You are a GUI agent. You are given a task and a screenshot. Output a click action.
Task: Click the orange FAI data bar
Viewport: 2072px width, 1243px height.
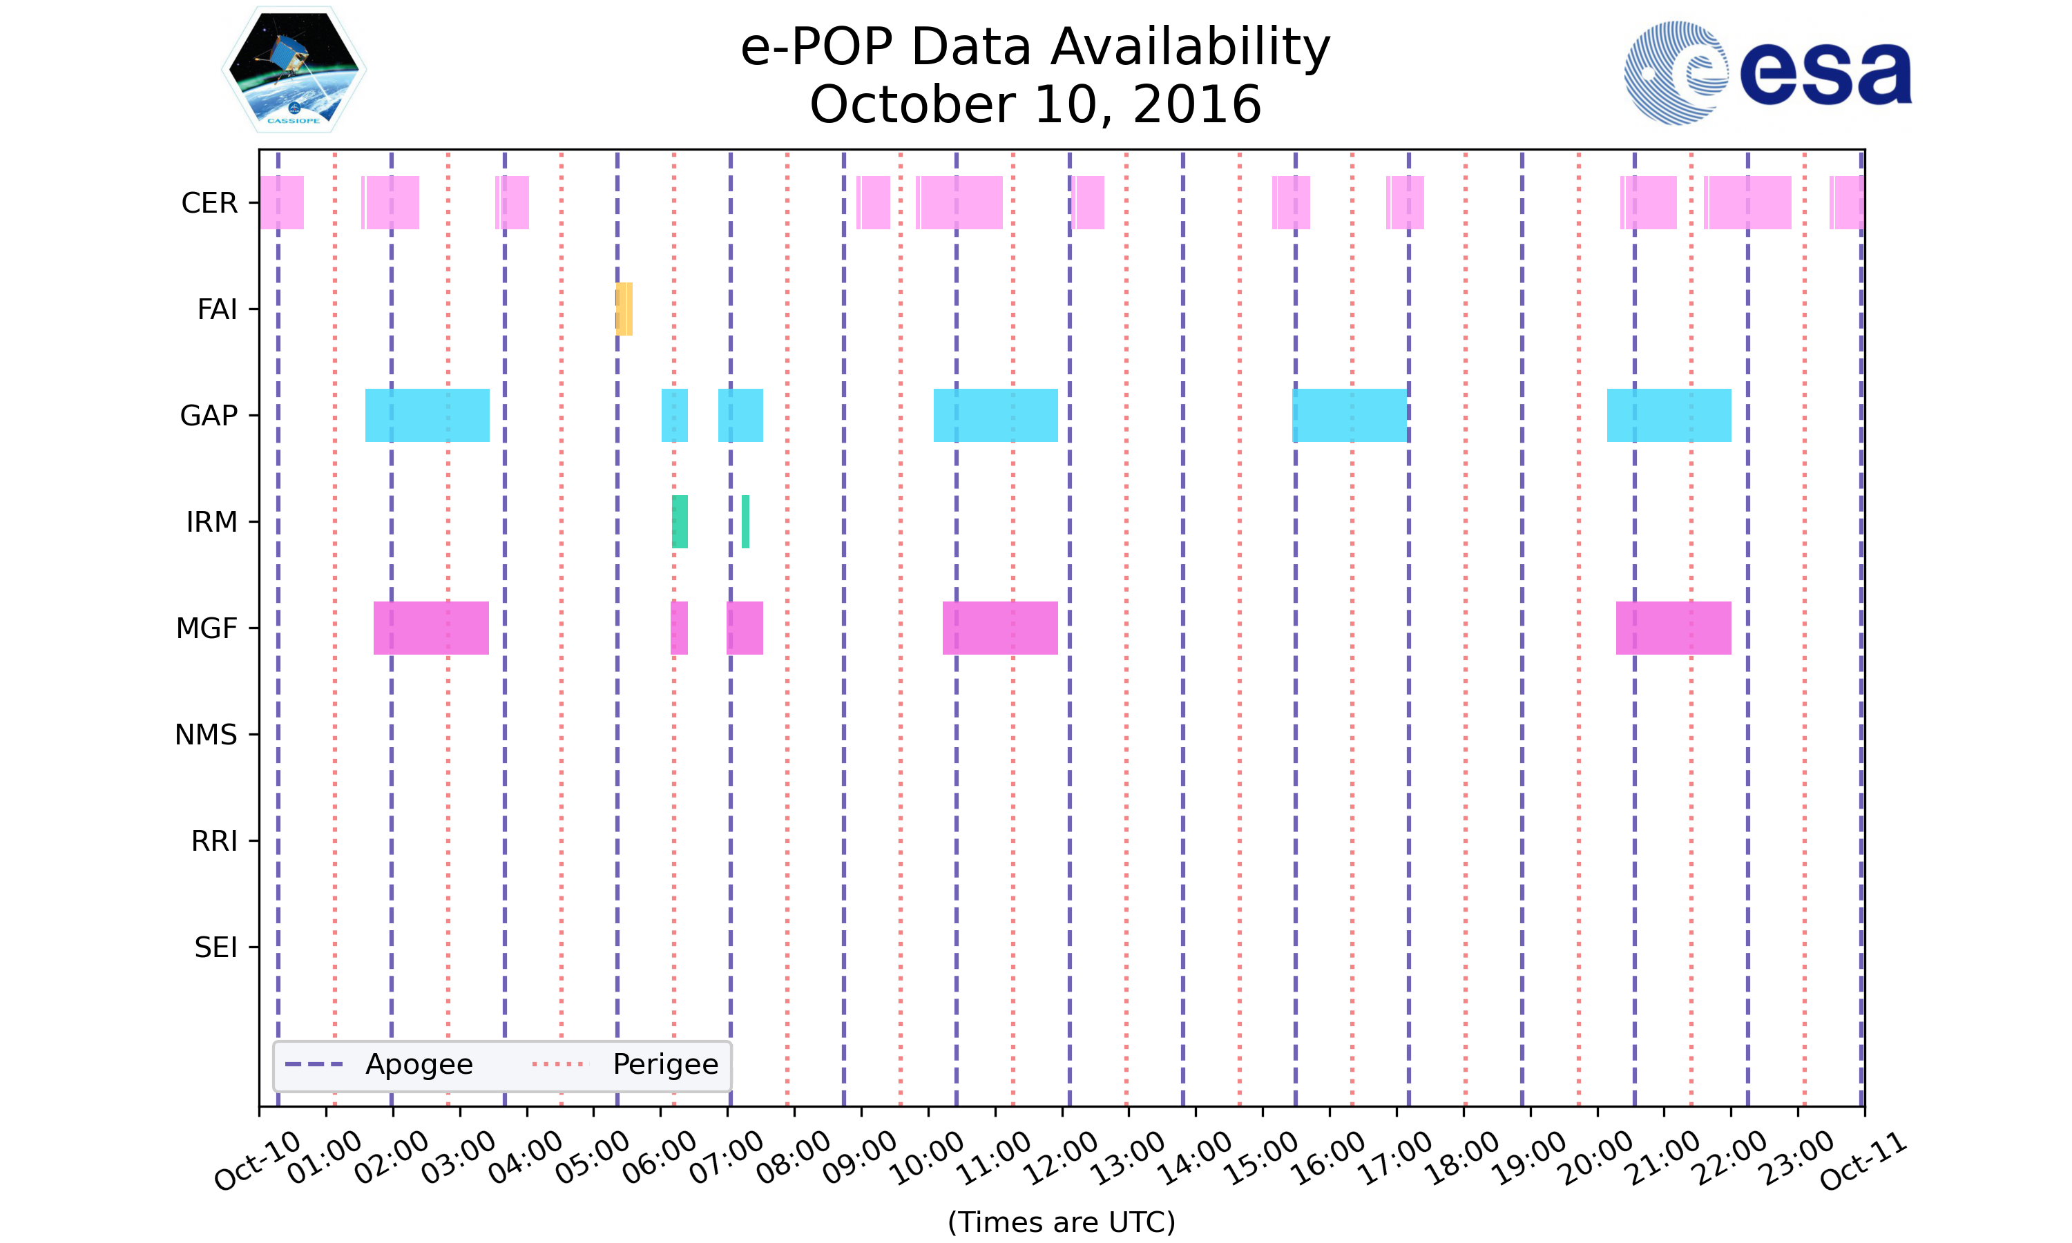pos(624,309)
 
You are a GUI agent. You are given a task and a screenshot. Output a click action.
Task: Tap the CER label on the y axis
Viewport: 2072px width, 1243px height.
pos(209,203)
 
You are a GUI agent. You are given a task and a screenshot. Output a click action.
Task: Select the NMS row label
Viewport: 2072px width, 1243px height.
pos(206,735)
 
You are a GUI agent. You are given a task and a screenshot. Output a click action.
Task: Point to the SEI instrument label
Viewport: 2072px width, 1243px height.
pos(216,947)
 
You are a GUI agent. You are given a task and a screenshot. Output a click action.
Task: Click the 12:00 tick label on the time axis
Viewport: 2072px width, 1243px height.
pos(1062,1157)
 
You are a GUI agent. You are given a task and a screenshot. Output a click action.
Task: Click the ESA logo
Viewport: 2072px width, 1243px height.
pos(1767,73)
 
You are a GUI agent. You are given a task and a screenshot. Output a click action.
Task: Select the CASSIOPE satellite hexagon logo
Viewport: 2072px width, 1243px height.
pos(294,70)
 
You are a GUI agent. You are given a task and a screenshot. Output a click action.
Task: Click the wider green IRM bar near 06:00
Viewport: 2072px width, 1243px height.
pos(679,522)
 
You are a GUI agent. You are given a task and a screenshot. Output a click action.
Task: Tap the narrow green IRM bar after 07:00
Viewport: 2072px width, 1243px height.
pos(745,522)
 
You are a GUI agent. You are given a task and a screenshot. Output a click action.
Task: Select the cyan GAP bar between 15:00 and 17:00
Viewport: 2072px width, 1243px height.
pos(1350,416)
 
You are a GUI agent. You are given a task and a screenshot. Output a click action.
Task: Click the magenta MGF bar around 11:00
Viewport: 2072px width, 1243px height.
pos(1000,628)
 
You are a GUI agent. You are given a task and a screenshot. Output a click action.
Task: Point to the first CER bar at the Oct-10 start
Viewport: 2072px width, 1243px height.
pos(281,203)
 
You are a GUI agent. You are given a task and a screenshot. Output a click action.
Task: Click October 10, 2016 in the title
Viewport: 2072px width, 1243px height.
pos(1035,105)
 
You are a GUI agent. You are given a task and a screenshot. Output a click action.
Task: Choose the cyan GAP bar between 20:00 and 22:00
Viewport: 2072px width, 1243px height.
pos(1669,416)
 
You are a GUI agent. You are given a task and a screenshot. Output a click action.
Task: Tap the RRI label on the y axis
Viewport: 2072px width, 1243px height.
pos(214,841)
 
